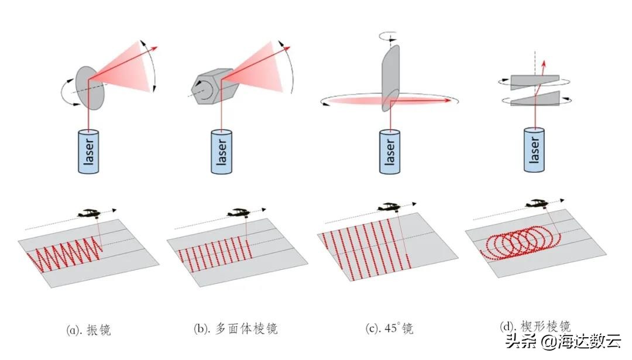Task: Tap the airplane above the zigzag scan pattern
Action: [x=90, y=212]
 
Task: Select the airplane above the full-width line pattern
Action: [x=391, y=207]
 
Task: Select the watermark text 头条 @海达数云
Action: [x=570, y=342]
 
